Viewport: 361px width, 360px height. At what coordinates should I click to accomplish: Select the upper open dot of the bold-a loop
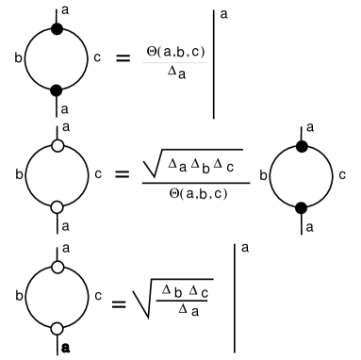coord(57,268)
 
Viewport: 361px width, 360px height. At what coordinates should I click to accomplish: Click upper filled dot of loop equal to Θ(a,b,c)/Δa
coord(57,30)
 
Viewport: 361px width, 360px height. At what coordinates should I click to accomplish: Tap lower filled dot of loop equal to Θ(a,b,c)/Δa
coord(57,90)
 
